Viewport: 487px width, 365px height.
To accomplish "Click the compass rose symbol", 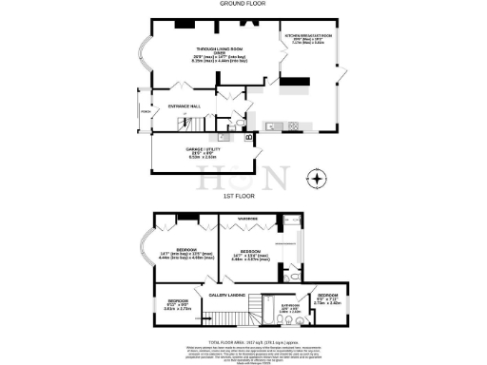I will [x=317, y=178].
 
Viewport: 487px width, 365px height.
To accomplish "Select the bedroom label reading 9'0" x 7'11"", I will [x=327, y=300].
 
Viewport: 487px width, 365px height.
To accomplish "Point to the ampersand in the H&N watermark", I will [x=242, y=178].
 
